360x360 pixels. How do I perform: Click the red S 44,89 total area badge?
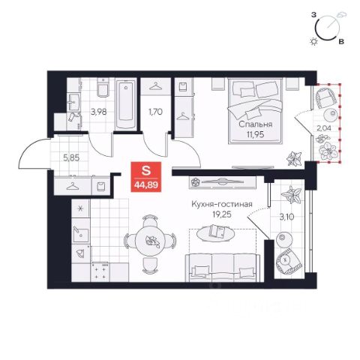click(146, 177)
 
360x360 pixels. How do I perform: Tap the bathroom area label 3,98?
click(99, 112)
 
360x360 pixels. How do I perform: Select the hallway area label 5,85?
click(71, 158)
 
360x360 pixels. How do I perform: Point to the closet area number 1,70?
click(155, 112)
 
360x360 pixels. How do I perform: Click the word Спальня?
click(255, 124)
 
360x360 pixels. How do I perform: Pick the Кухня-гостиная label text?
click(222, 204)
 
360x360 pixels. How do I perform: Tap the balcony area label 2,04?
click(324, 128)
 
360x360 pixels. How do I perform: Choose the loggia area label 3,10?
click(286, 217)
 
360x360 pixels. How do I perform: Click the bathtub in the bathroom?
click(126, 104)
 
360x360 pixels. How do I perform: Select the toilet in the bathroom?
click(103, 88)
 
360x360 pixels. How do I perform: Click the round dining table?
click(150, 241)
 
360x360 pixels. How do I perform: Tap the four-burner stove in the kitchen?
click(100, 271)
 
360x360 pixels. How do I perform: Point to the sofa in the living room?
click(223, 268)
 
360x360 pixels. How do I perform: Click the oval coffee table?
click(215, 233)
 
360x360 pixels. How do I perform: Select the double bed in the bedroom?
click(255, 111)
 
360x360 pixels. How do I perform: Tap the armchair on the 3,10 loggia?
click(289, 260)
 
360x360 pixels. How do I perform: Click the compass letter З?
click(313, 14)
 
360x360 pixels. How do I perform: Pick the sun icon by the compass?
click(313, 41)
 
